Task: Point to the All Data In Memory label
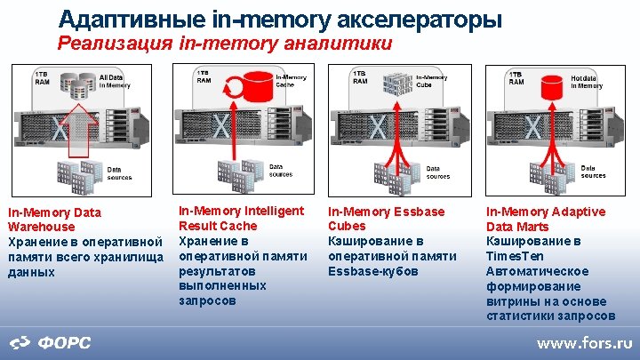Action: point(115,82)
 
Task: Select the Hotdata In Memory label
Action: point(586,82)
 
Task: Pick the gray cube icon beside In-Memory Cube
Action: point(395,83)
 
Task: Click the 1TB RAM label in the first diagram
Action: point(42,77)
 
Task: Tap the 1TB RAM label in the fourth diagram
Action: point(516,77)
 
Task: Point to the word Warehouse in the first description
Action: point(42,227)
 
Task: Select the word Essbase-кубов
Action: point(372,270)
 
